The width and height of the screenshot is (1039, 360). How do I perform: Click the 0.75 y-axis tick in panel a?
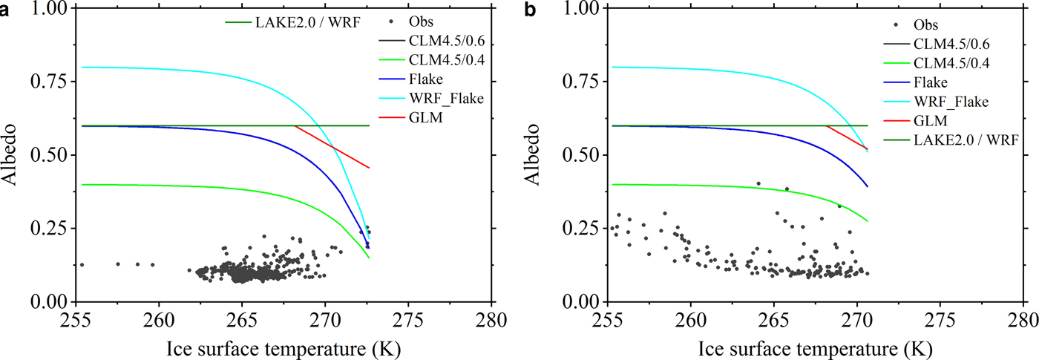pyautogui.click(x=49, y=81)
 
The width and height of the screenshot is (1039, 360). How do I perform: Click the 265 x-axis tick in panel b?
pyautogui.click(x=773, y=323)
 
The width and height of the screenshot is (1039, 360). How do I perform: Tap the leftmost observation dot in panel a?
pyautogui.click(x=82, y=264)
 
